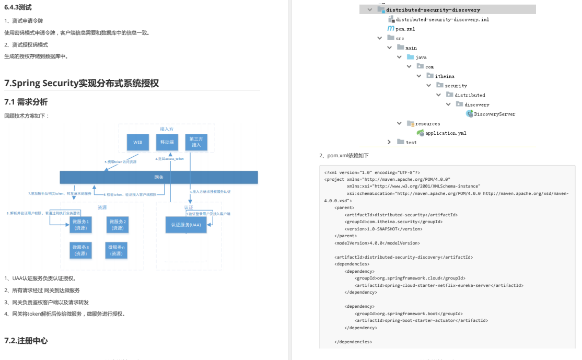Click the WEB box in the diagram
[138, 142]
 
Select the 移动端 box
[167, 142]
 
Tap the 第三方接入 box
[196, 142]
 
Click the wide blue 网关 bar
[159, 177]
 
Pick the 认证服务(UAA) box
[186, 225]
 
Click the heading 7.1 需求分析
[26, 102]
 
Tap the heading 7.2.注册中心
[26, 341]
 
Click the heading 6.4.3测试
[18, 7]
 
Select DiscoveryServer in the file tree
[494, 114]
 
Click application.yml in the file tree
[446, 133]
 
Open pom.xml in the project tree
[405, 29]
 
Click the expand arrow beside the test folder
[389, 142]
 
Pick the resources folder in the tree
[427, 124]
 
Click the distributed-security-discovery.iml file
[442, 19]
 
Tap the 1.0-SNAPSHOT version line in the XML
[383, 229]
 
